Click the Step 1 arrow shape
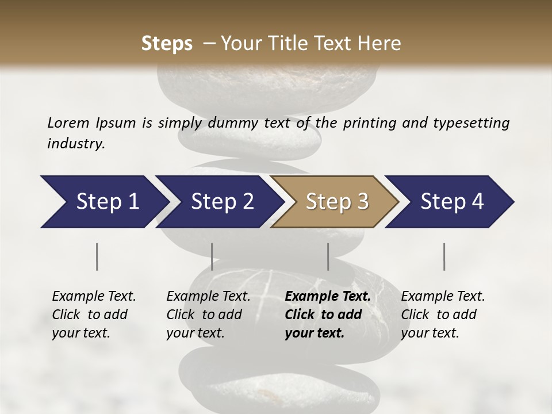[x=103, y=202]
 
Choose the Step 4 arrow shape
[x=451, y=202]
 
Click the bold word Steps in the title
[x=167, y=44]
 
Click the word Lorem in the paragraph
[x=68, y=122]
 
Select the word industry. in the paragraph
[x=76, y=144]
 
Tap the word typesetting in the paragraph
[x=475, y=123]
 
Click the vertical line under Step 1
[x=97, y=256]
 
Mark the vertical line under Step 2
[x=212, y=256]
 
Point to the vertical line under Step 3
[x=328, y=256]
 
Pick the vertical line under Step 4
[x=444, y=256]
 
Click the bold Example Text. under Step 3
[x=328, y=296]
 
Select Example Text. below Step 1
[x=94, y=296]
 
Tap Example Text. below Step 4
[x=443, y=296]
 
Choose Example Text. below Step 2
[x=208, y=296]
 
